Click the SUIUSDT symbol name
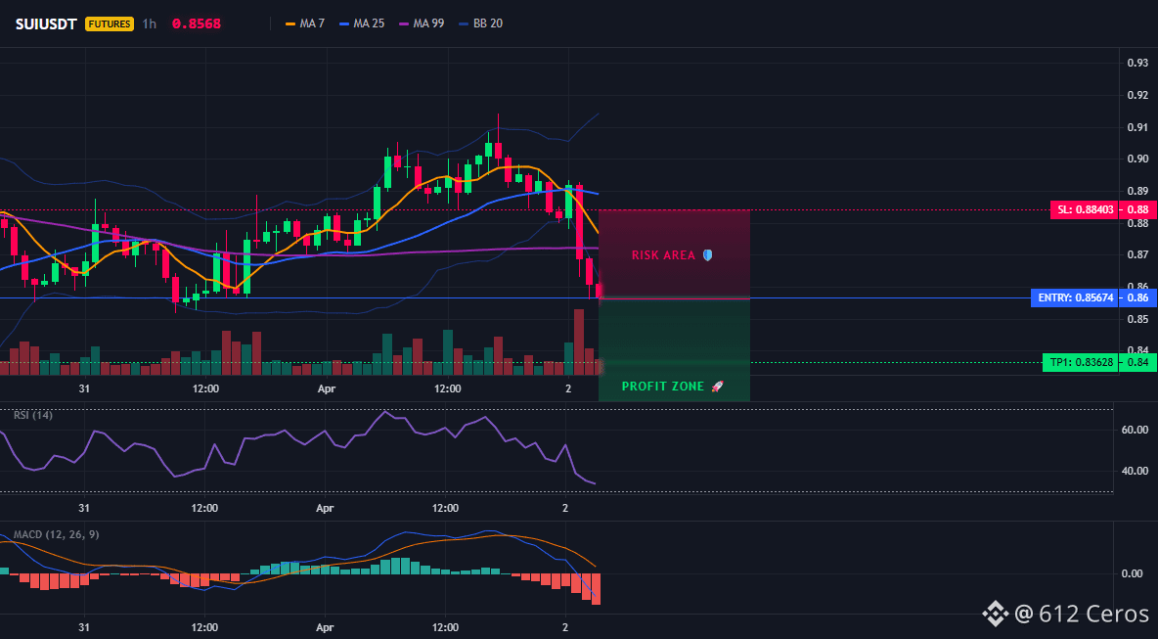[47, 23]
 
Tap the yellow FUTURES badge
[110, 23]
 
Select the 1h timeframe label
[150, 23]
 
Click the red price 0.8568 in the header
[197, 23]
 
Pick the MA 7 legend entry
[305, 23]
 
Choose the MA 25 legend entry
[362, 23]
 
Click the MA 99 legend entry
[422, 23]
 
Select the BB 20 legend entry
[481, 23]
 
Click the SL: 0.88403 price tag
[1084, 209]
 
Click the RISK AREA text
[663, 255]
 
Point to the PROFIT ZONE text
[663, 387]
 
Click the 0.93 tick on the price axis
[1137, 63]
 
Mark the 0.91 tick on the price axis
[1137, 127]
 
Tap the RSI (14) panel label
[33, 415]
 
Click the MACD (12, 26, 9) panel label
[56, 534]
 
